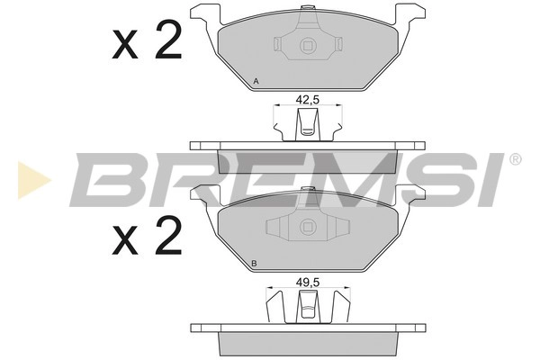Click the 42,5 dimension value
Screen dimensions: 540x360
(308, 100)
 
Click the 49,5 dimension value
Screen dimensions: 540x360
(308, 283)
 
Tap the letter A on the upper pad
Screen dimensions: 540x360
(256, 82)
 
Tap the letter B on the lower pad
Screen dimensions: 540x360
(254, 264)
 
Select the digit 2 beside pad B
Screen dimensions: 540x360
(168, 235)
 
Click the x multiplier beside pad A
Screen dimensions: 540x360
(125, 44)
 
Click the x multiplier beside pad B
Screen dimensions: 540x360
(125, 241)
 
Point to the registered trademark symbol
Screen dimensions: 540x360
(515, 159)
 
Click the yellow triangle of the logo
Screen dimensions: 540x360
(32, 180)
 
